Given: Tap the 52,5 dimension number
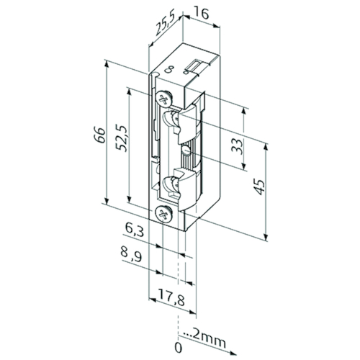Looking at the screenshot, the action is (x=122, y=138).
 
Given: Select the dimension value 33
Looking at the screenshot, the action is (x=237, y=146).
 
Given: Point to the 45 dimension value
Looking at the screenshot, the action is (x=259, y=186).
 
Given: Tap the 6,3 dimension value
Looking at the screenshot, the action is (x=134, y=231).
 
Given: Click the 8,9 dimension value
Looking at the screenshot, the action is (x=131, y=256).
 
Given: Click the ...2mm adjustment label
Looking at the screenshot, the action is (x=204, y=338).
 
